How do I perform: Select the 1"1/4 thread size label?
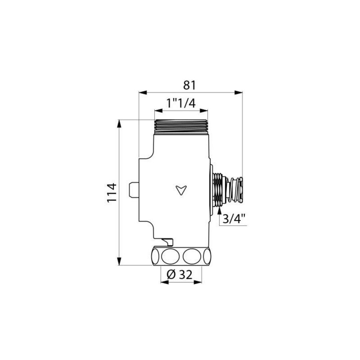pyautogui.click(x=181, y=103)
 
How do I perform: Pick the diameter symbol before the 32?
pyautogui.click(x=170, y=274)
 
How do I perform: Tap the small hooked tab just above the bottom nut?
pyautogui.click(x=167, y=241)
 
